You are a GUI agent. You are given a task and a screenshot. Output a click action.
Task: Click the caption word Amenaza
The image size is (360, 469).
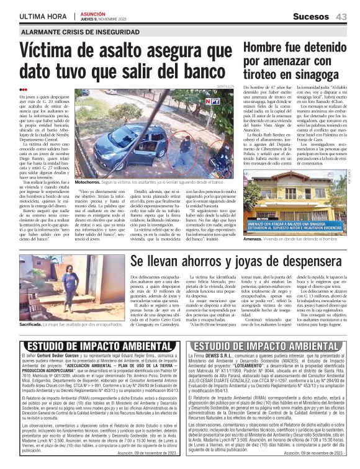point(253,238)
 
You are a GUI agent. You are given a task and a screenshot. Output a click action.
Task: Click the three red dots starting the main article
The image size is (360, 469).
point(24,89)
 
